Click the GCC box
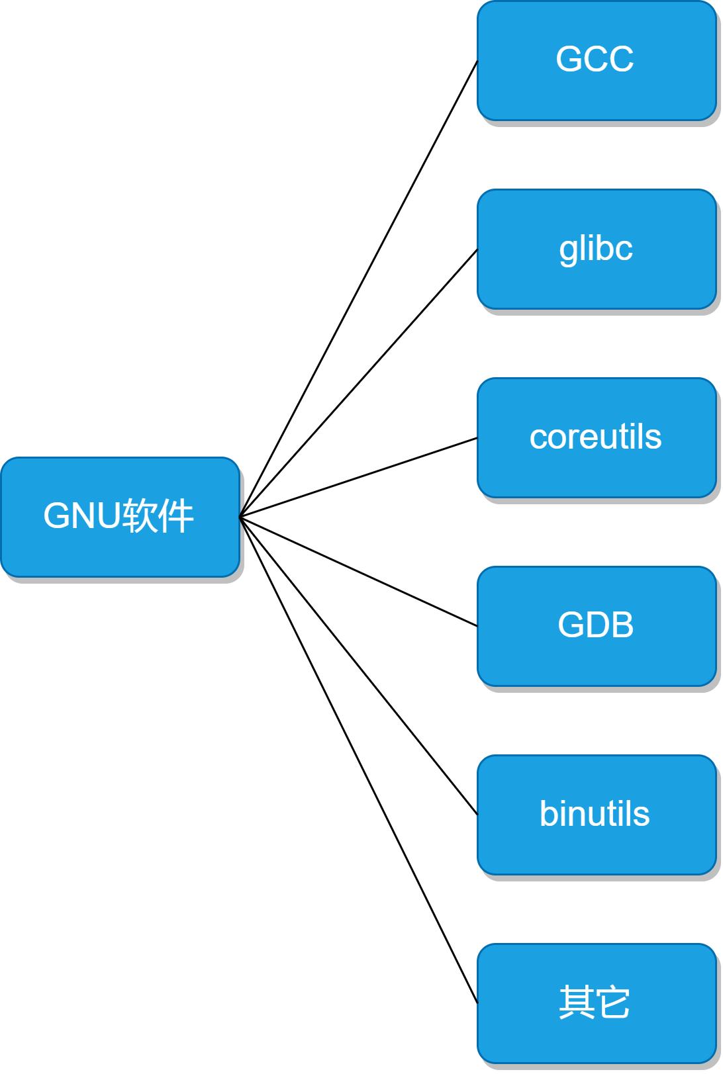pyautogui.click(x=596, y=60)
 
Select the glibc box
pyautogui.click(x=596, y=249)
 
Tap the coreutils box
pyautogui.click(x=596, y=437)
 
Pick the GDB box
pyautogui.click(x=596, y=626)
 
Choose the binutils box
pyautogui.click(x=596, y=815)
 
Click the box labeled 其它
pyautogui.click(x=596, y=1003)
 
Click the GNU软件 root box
pyautogui.click(x=120, y=517)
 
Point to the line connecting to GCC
pyautogui.click(x=358, y=289)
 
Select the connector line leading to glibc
pyautogui.click(x=358, y=383)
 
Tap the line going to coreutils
pyautogui.click(x=358, y=477)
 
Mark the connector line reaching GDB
pyautogui.click(x=358, y=571)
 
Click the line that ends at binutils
pyautogui.click(x=358, y=666)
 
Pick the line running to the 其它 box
pyautogui.click(x=358, y=760)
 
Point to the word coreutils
pyautogui.click(x=595, y=437)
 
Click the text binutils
pyautogui.click(x=595, y=814)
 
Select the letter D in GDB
pyautogui.click(x=595, y=625)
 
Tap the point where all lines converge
pyautogui.click(x=240, y=517)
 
